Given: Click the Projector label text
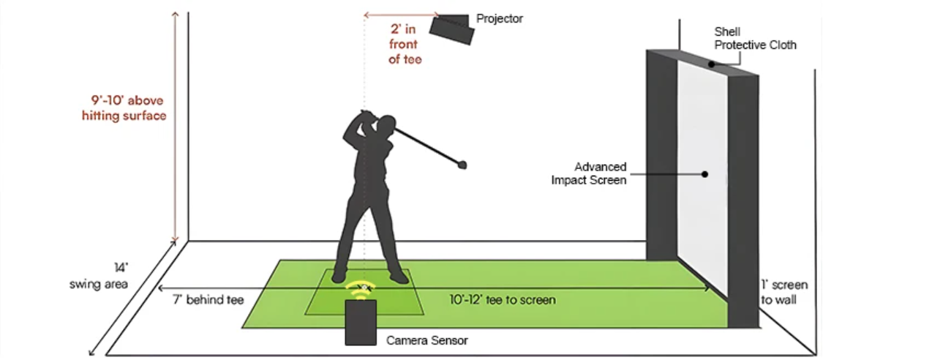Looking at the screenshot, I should [500, 18].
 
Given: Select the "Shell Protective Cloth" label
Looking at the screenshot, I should [755, 39].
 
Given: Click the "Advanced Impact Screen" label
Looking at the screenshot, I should [589, 173].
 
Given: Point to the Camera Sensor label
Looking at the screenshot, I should [426, 340].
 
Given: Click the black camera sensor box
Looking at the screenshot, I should [361, 322].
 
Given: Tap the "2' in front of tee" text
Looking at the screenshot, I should [403, 45].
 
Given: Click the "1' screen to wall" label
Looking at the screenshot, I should [784, 292].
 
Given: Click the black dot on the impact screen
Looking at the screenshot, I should [704, 174].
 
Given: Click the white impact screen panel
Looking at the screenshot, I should [699, 220].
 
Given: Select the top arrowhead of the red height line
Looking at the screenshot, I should [176, 15].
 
